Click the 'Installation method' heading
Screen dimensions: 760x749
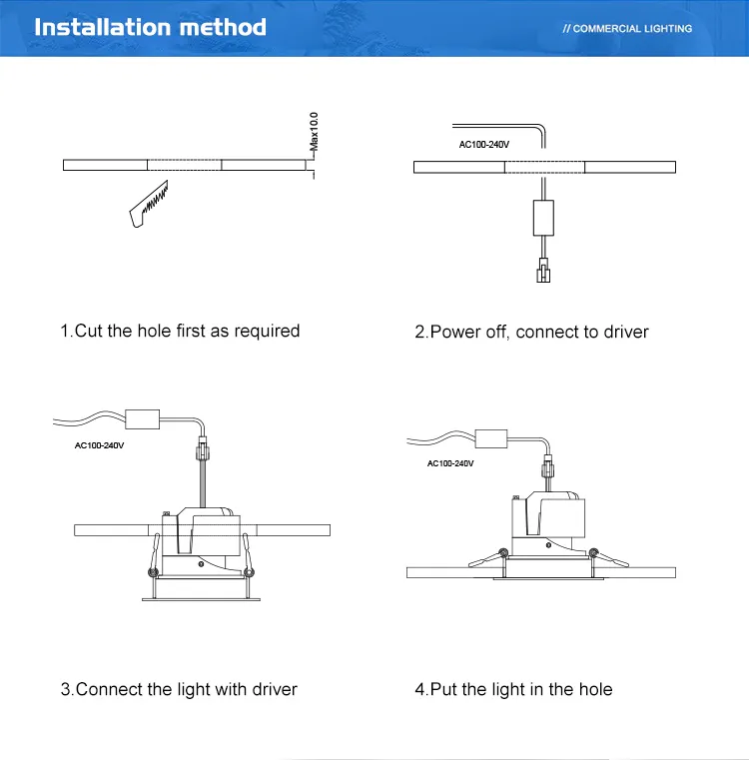150,27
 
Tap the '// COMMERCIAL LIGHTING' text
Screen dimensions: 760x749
627,29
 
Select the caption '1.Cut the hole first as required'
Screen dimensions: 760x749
180,331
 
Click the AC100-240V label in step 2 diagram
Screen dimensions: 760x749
482,145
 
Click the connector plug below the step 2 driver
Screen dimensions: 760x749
543,271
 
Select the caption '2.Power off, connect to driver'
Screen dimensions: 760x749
531,332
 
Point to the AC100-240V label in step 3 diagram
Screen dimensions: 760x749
100,445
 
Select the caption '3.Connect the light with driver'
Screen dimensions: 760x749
179,689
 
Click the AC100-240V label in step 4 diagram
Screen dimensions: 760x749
449,463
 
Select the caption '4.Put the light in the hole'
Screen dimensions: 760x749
513,689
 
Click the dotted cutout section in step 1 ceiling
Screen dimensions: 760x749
185,165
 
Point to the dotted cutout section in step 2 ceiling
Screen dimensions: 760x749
544,167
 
